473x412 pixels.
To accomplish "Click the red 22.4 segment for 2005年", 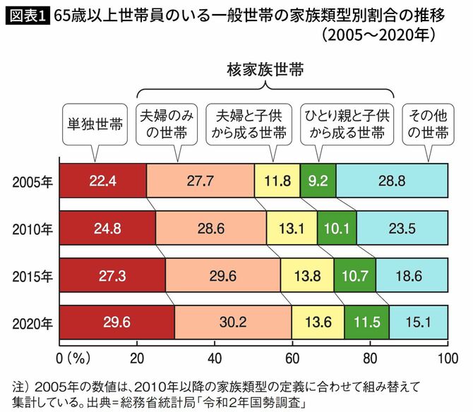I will tap(102, 181).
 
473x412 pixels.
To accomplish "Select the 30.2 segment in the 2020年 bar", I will tap(232, 324).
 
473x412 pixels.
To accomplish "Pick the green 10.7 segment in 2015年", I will tap(354, 277).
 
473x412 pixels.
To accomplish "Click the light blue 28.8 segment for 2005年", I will tap(392, 181).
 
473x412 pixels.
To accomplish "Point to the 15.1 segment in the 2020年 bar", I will tap(418, 324).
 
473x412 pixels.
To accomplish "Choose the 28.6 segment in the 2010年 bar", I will tap(211, 229).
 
